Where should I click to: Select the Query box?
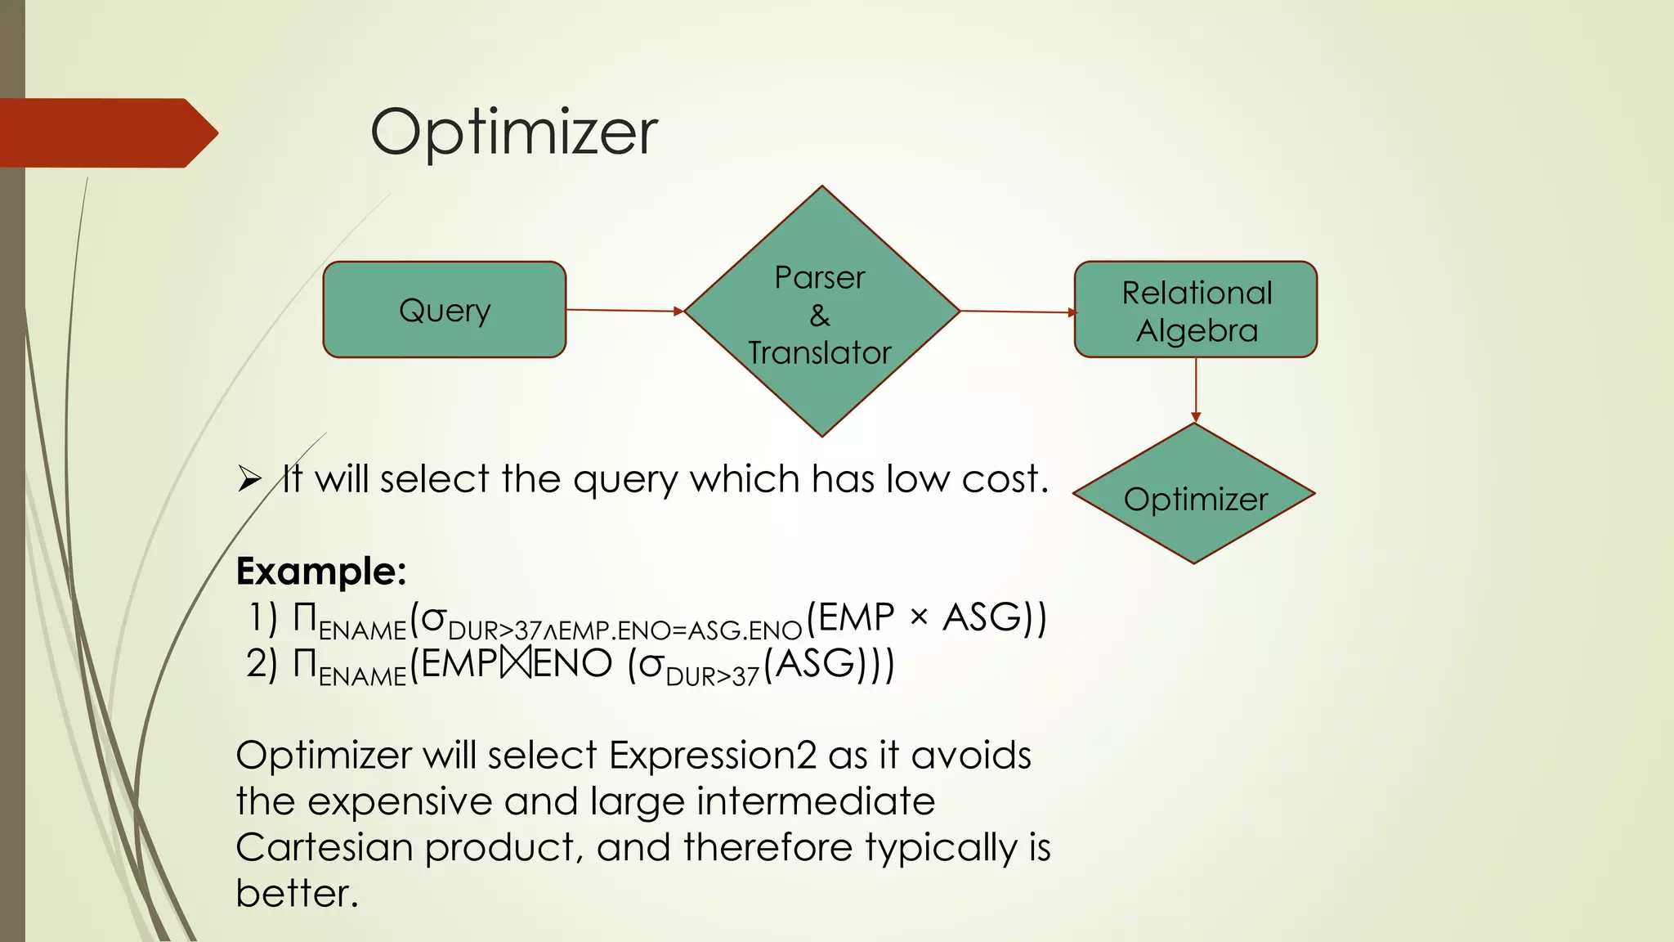pyautogui.click(x=444, y=310)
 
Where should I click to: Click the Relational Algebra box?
pyautogui.click(x=1195, y=310)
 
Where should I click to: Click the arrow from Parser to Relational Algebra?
pyautogui.click(x=1017, y=312)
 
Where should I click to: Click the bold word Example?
pyautogui.click(x=320, y=571)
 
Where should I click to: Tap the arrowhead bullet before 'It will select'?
pyautogui.click(x=249, y=479)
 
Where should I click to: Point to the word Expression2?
pyautogui.click(x=712, y=756)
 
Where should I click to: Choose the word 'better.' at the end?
pyautogui.click(x=297, y=893)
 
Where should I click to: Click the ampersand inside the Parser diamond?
pyautogui.click(x=820, y=316)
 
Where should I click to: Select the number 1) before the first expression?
pyautogui.click(x=262, y=618)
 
